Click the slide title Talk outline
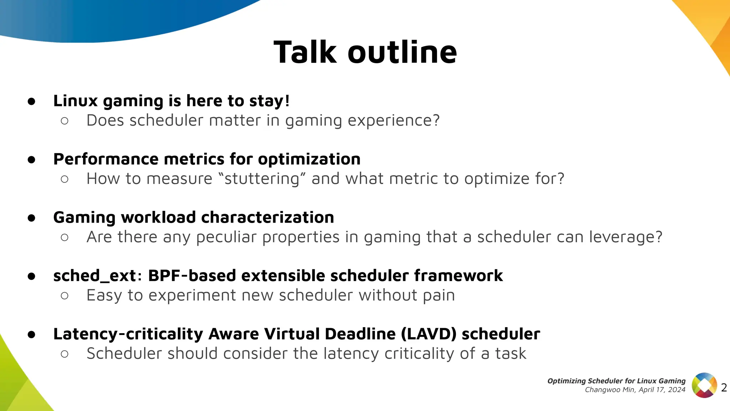[365, 52]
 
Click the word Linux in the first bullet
[75, 101]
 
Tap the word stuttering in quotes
[262, 179]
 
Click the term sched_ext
[94, 276]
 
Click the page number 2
[724, 387]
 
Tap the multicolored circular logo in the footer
[704, 385]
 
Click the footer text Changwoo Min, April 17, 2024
[635, 390]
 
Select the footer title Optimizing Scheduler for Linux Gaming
[616, 381]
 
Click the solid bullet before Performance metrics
[31, 159]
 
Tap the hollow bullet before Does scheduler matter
[65, 121]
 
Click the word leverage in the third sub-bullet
[622, 237]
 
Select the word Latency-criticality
[128, 334]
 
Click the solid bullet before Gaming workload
[31, 218]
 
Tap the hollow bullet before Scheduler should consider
[65, 354]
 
